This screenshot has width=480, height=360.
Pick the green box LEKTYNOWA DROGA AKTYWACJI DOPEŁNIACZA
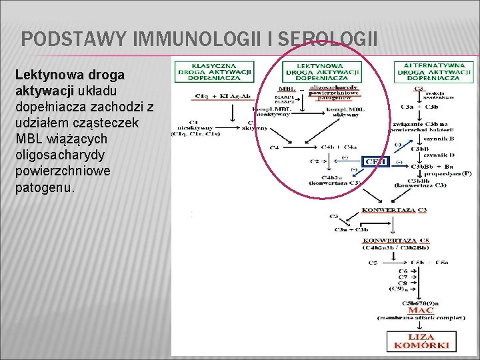321,71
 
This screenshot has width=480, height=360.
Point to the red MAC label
421,310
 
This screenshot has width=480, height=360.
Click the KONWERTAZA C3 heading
394,210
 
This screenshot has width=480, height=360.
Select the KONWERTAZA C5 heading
395,240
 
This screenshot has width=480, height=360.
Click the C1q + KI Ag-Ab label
208,97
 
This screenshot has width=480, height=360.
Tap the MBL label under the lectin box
288,89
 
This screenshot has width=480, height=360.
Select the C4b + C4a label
339,147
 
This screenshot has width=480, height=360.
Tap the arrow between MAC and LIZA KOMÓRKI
420,325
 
